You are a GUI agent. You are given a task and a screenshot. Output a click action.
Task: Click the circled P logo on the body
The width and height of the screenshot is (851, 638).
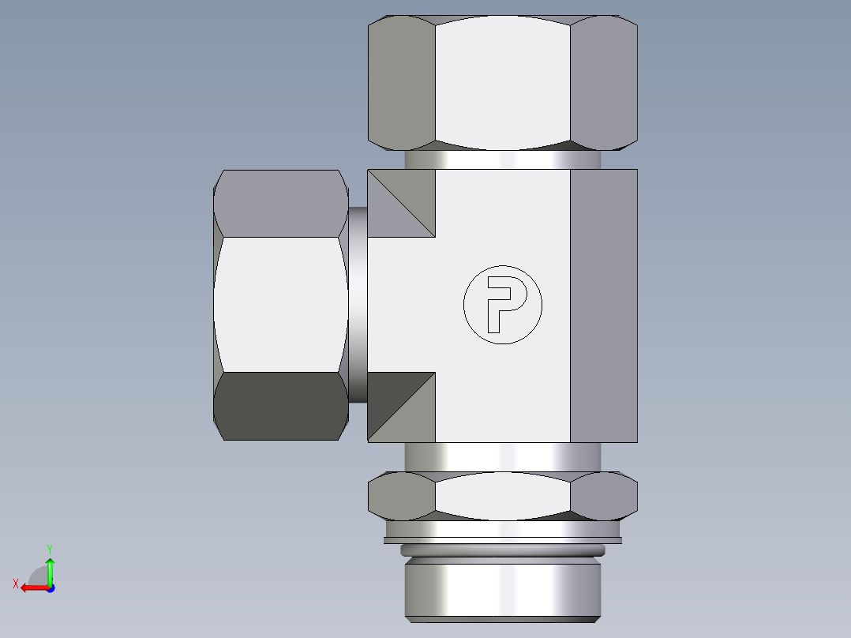503,305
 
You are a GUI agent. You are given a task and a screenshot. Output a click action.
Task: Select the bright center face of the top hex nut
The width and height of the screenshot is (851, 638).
502,83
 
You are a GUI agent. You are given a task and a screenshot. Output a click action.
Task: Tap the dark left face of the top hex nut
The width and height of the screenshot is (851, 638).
402,83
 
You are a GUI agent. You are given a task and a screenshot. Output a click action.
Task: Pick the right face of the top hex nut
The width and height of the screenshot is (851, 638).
603,83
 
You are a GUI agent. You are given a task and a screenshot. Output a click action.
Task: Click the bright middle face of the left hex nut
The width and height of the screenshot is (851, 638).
280,304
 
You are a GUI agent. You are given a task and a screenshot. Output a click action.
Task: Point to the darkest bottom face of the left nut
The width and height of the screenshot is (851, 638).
280,405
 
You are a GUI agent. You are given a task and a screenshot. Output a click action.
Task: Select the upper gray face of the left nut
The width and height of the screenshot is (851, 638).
280,203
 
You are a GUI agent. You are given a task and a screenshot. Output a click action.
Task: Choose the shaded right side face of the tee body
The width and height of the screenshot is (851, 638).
603,305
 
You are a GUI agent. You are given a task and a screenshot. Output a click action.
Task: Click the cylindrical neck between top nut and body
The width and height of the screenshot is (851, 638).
502,159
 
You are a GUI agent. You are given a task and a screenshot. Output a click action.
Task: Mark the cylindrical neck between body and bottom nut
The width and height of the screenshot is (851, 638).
502,456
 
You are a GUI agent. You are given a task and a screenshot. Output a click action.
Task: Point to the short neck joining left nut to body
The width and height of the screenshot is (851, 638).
358,304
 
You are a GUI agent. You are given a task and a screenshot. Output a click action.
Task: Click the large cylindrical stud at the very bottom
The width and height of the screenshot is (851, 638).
502,588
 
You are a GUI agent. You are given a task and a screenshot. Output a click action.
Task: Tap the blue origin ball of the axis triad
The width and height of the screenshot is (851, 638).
50,588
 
